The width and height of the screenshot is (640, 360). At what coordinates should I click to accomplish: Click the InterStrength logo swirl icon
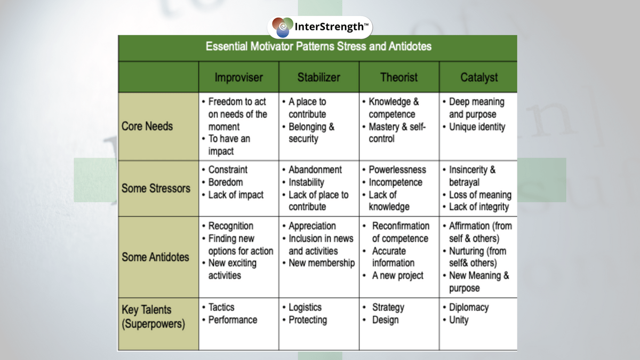(x=282, y=27)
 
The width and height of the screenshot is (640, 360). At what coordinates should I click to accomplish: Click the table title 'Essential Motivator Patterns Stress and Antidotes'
(x=318, y=46)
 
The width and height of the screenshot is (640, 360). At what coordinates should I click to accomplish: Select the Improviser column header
(x=238, y=77)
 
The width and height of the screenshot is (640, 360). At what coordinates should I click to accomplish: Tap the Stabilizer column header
(x=318, y=77)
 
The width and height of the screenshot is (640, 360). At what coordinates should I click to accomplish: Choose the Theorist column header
(x=399, y=77)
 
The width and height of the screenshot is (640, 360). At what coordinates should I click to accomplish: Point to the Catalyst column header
(x=479, y=78)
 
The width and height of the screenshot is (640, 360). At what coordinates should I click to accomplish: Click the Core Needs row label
(x=147, y=126)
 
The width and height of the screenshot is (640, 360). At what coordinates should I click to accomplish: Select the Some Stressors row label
(x=156, y=188)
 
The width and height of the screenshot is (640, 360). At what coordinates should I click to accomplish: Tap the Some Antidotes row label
(x=155, y=257)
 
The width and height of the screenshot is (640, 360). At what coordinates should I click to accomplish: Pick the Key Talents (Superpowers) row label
(x=154, y=317)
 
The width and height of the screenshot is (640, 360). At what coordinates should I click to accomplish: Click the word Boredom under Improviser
(x=226, y=182)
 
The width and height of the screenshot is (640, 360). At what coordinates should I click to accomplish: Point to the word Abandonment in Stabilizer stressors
(x=315, y=170)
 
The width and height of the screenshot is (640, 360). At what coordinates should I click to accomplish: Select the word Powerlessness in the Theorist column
(x=397, y=170)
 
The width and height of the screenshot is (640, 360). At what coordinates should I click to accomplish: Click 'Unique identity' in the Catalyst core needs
(x=477, y=127)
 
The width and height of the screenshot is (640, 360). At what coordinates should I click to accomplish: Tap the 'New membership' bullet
(x=322, y=263)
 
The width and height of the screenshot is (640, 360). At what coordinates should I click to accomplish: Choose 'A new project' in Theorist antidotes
(x=398, y=275)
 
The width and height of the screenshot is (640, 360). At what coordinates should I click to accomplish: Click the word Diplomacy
(x=469, y=307)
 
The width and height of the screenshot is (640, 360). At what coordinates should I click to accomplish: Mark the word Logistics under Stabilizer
(x=305, y=307)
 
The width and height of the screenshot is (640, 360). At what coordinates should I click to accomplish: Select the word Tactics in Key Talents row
(x=221, y=307)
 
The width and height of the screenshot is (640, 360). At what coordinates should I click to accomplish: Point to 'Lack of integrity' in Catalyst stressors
(x=479, y=207)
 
